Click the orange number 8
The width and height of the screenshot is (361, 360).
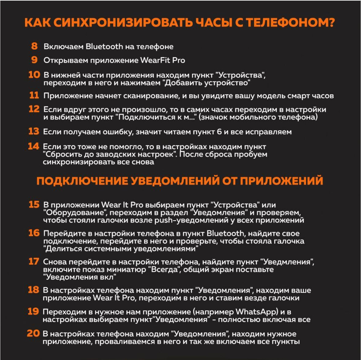tap(34, 46)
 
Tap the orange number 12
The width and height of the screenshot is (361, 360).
tap(34, 109)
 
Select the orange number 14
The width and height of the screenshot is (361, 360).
tap(33, 146)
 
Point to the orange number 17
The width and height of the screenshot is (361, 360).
tap(34, 262)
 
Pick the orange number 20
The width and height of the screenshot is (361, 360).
tap(33, 333)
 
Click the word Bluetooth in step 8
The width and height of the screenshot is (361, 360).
tap(104, 47)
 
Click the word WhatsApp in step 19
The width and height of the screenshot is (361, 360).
tap(257, 312)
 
